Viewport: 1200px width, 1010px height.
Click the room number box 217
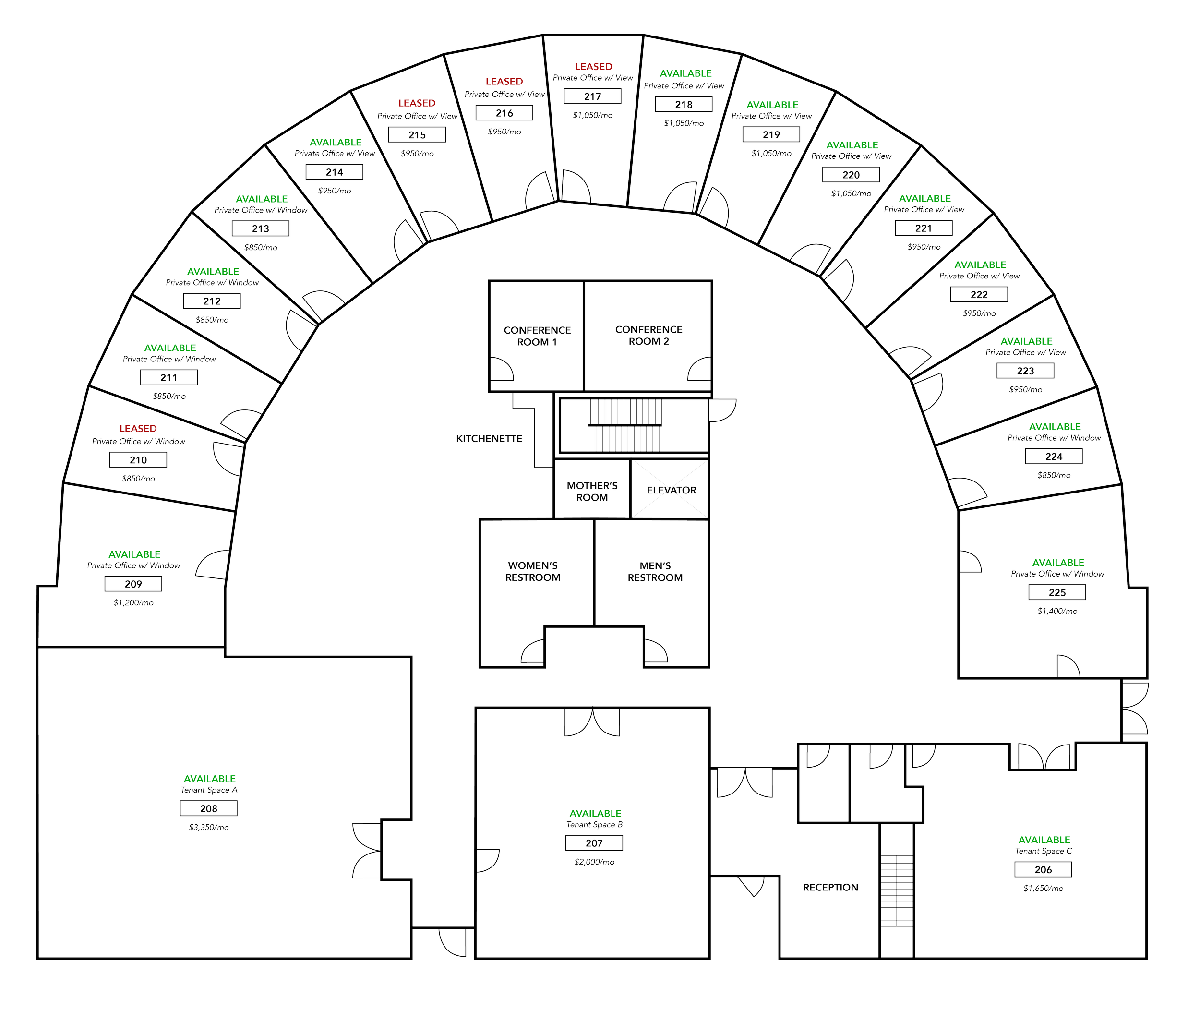point(592,96)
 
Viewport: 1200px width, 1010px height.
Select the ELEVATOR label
point(672,490)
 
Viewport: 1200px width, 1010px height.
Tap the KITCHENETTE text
point(490,439)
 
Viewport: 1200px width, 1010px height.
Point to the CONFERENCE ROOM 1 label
point(537,336)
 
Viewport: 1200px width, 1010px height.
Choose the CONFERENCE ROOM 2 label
point(648,336)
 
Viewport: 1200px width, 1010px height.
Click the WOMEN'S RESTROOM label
point(532,571)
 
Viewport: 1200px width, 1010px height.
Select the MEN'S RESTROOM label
point(655,571)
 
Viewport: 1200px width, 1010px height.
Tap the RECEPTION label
point(830,888)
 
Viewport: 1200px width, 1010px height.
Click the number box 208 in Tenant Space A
point(208,809)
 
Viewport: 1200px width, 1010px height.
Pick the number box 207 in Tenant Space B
point(594,843)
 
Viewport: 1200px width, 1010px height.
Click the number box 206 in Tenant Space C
point(1043,870)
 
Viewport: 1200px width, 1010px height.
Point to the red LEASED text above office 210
point(138,428)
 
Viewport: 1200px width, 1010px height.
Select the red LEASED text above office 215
point(417,103)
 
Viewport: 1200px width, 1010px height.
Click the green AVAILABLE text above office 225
point(1058,563)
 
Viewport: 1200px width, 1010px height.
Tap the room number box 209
point(133,584)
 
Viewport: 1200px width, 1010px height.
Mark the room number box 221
point(923,228)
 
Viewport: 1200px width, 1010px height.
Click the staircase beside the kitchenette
point(624,426)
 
